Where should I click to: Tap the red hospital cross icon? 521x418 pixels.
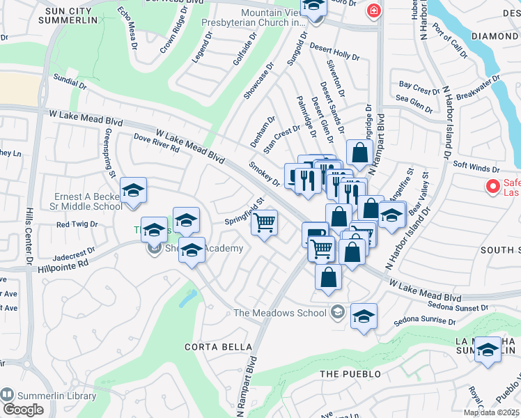coord(374,11)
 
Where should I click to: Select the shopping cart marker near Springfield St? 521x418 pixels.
coord(264,223)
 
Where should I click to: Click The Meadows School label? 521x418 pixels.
coord(279,313)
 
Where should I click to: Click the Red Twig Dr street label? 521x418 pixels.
coord(77,224)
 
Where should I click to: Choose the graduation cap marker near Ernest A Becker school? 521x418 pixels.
coord(133,190)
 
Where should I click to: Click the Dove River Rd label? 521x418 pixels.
coord(157,144)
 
